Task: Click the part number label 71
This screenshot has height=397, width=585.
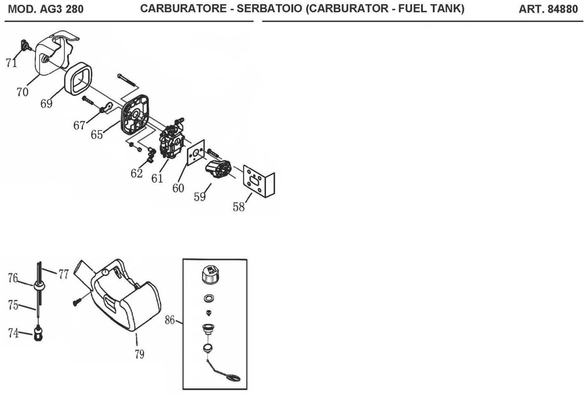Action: pos(11,62)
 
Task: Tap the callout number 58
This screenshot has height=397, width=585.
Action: pos(238,207)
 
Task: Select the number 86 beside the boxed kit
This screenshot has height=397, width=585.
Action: pos(170,320)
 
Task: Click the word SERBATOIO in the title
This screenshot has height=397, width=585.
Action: pos(269,9)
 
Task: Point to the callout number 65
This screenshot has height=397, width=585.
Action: pos(97,134)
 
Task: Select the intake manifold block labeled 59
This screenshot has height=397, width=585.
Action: pos(218,169)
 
